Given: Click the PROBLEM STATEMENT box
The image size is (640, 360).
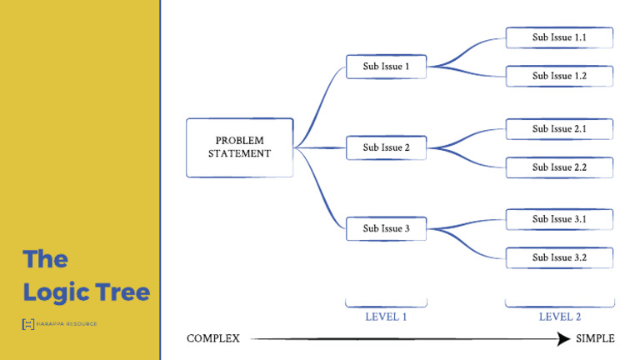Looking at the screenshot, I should [239, 147].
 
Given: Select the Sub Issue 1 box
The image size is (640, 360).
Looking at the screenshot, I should [386, 67].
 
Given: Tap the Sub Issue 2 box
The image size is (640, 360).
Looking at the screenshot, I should [386, 147].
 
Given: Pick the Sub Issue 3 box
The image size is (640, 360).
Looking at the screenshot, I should [386, 228].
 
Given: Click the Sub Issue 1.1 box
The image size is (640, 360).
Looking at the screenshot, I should [559, 37].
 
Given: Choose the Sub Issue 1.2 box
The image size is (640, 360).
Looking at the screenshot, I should [559, 76].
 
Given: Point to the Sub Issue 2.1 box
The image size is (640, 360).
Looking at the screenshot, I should [559, 129].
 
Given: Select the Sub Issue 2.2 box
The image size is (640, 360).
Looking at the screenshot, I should [559, 167].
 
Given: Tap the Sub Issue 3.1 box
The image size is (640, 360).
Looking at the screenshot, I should [559, 219].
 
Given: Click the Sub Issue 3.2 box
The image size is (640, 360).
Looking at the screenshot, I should [559, 257].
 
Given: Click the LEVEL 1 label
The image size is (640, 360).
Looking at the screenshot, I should [386, 317].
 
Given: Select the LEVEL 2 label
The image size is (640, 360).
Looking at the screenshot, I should [559, 317].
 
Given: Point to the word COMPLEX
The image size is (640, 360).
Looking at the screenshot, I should [213, 338].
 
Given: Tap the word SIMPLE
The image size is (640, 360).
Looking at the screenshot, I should [595, 338].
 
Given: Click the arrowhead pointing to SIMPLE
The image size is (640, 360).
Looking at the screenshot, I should [565, 338].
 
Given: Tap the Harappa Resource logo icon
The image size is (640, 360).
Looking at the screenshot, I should [27, 323].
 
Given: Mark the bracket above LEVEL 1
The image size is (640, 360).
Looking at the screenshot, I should [386, 304].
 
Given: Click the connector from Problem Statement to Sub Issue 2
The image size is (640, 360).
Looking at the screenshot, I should [321, 147].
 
